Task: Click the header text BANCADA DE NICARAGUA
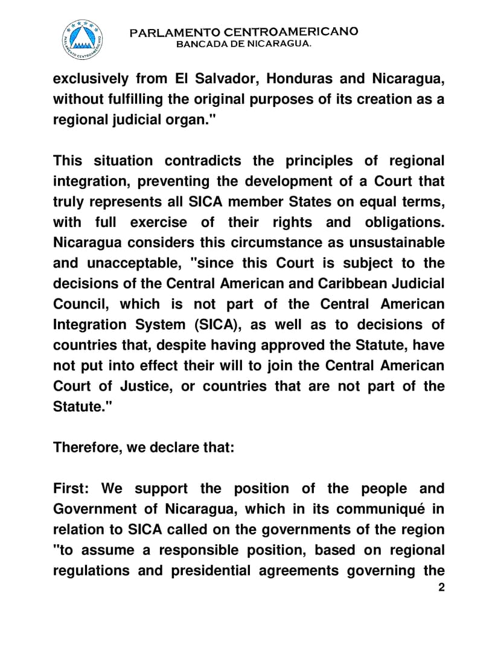coord(243,45)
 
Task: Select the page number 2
coord(441,588)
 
